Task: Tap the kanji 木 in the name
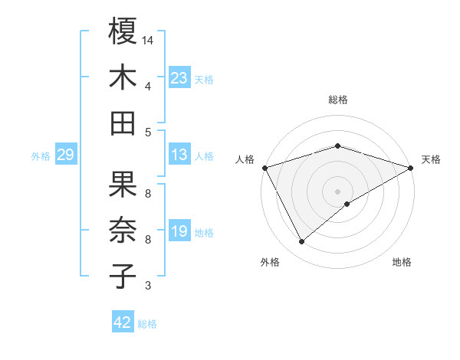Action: click(x=123, y=78)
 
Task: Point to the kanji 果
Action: click(x=123, y=184)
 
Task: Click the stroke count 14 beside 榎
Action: click(x=148, y=39)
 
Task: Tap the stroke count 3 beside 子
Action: click(x=148, y=286)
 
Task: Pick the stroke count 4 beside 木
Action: click(x=148, y=86)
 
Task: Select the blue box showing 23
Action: click(x=179, y=77)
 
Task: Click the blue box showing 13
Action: click(x=179, y=155)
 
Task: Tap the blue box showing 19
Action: click(x=179, y=231)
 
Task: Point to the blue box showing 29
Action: click(x=65, y=155)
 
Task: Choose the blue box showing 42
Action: click(x=123, y=322)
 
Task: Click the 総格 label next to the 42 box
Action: click(x=148, y=324)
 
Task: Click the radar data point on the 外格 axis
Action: click(x=301, y=242)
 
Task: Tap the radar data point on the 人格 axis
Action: click(x=264, y=167)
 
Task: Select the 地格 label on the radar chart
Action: click(x=402, y=262)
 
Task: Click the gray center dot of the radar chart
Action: click(x=337, y=190)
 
